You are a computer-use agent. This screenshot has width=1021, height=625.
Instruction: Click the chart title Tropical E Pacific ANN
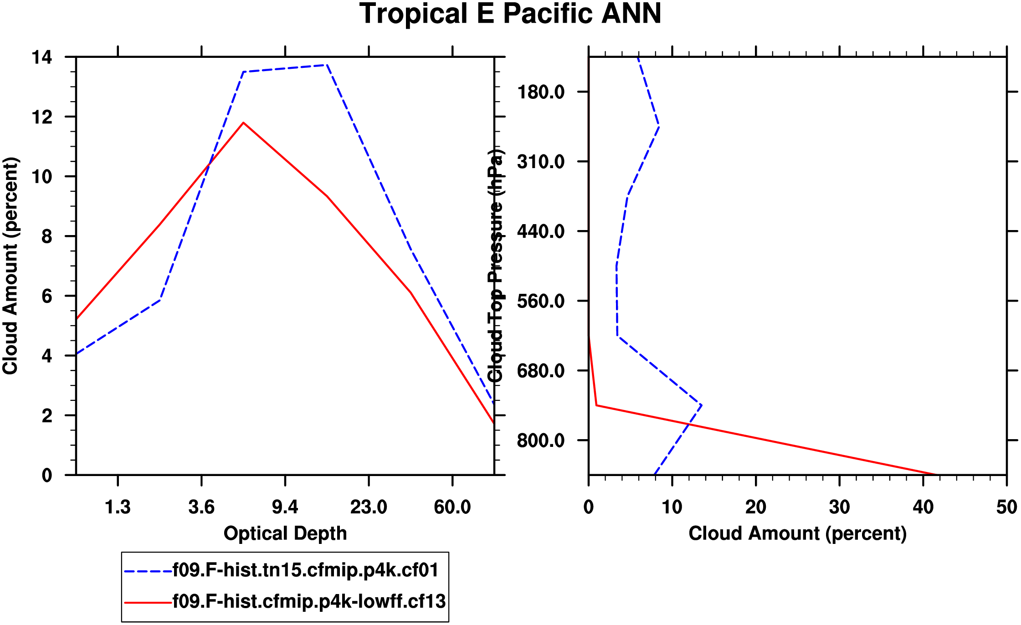pos(510,14)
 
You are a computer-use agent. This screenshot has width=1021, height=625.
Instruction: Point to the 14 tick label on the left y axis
pos(42,57)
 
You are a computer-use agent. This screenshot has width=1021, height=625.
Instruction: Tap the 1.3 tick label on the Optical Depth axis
pos(118,507)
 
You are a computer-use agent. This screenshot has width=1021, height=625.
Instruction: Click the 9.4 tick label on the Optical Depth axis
pos(285,507)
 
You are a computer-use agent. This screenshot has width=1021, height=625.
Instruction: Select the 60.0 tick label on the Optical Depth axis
pos(452,507)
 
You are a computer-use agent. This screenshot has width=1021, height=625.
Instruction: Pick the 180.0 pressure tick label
pos(541,92)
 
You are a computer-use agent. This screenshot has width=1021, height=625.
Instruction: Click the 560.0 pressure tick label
pos(541,301)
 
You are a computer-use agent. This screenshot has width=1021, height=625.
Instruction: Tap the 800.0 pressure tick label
pos(541,441)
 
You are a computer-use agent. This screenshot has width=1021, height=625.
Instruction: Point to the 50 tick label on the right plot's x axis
pos(1006,507)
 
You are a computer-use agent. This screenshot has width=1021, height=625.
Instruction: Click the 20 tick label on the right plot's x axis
pos(755,507)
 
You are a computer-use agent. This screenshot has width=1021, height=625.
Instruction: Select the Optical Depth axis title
pos(285,533)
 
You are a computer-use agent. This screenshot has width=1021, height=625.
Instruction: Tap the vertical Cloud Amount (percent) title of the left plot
pos(10,266)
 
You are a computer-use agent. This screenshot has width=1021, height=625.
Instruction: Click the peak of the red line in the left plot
pos(244,123)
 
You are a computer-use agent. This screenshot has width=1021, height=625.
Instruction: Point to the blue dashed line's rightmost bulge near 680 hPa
pos(701,405)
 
